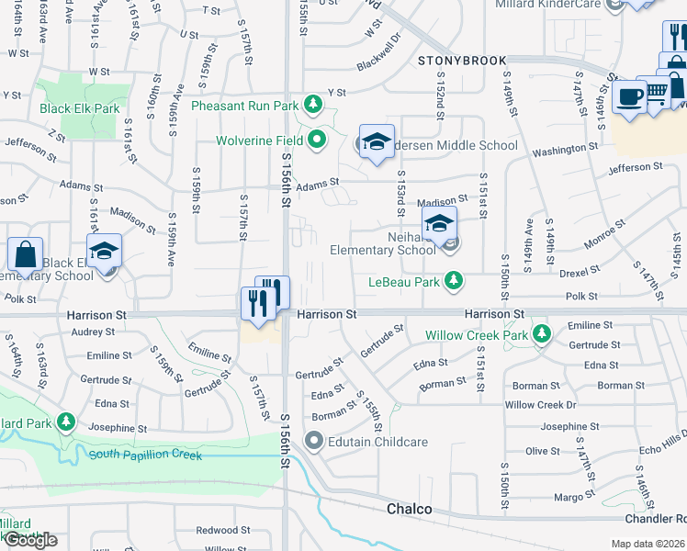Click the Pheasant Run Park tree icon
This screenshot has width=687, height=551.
coord(313,104)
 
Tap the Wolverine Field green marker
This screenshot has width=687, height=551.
coord(318,141)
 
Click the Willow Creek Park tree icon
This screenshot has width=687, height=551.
coord(542,334)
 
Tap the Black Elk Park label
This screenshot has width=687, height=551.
coord(80,108)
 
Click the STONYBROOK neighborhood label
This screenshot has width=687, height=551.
coord(462,61)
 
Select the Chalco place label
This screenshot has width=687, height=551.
coord(408,508)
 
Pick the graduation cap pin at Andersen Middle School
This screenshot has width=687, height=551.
coord(376,142)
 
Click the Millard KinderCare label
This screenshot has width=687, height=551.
coord(574,5)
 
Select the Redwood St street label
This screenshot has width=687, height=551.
coord(217,530)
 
